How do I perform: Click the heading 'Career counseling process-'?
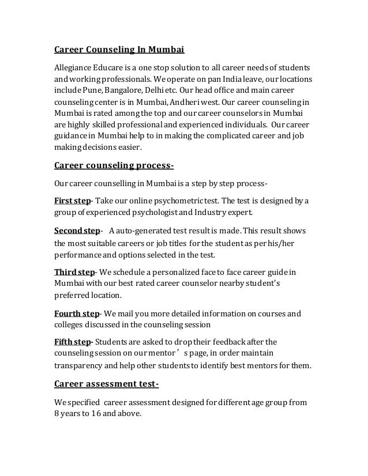114,167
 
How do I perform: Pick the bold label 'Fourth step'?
76,314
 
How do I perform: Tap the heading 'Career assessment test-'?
106,383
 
